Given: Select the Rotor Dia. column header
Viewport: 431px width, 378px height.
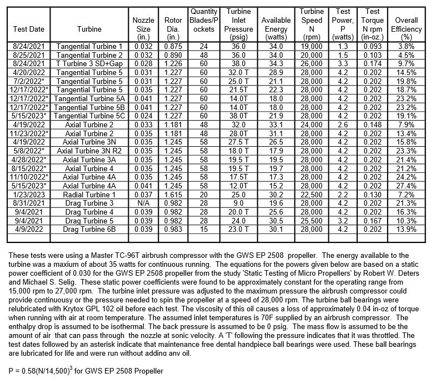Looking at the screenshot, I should point(170,24).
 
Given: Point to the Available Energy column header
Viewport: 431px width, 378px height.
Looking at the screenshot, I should point(276,24).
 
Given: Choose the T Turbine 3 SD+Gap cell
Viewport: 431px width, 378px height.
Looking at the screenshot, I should point(90,64).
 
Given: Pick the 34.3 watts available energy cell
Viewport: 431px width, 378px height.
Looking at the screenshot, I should point(276,64).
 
